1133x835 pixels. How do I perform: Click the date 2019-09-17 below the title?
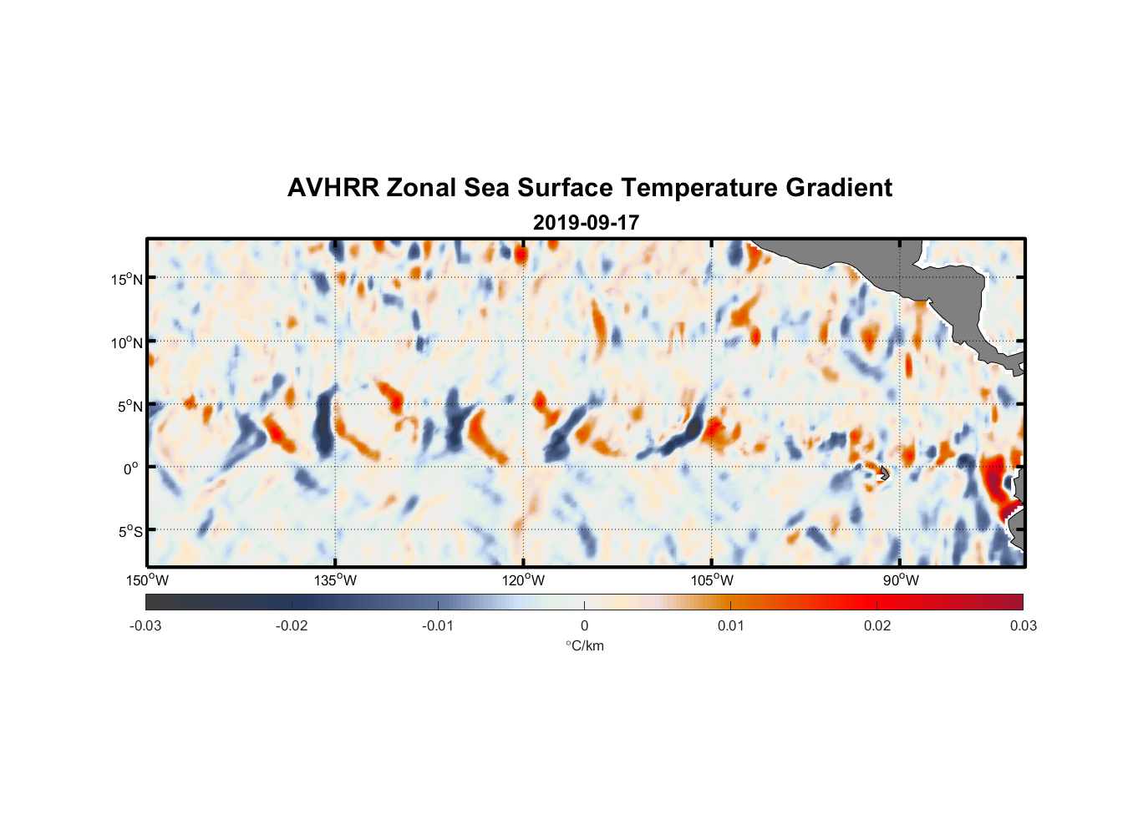pyautogui.click(x=586, y=223)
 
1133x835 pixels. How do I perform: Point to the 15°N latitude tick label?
pyautogui.click(x=127, y=279)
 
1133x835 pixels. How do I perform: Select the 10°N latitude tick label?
pyautogui.click(x=127, y=342)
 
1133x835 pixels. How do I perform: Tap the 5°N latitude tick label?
pyautogui.click(x=130, y=406)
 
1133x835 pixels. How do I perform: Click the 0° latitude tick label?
pyautogui.click(x=131, y=468)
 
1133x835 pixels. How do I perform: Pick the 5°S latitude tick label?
pyautogui.click(x=130, y=531)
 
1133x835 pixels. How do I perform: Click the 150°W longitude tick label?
pyautogui.click(x=147, y=580)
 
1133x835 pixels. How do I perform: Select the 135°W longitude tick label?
pyautogui.click(x=335, y=580)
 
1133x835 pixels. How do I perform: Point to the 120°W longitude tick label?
pyautogui.click(x=523, y=580)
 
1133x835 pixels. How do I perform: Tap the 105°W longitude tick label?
pyautogui.click(x=712, y=580)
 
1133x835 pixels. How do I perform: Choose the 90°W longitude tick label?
pyautogui.click(x=901, y=580)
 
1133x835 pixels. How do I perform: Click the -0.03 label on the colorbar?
pyautogui.click(x=145, y=626)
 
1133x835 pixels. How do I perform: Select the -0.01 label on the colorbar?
pyautogui.click(x=438, y=626)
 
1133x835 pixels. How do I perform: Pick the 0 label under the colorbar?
pyautogui.click(x=584, y=626)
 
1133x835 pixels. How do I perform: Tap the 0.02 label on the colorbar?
pyautogui.click(x=877, y=626)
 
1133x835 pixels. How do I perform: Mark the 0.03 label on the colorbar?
pyautogui.click(x=1023, y=626)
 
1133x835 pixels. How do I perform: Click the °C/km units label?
pyautogui.click(x=585, y=645)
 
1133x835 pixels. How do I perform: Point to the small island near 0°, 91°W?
pyautogui.click(x=884, y=473)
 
